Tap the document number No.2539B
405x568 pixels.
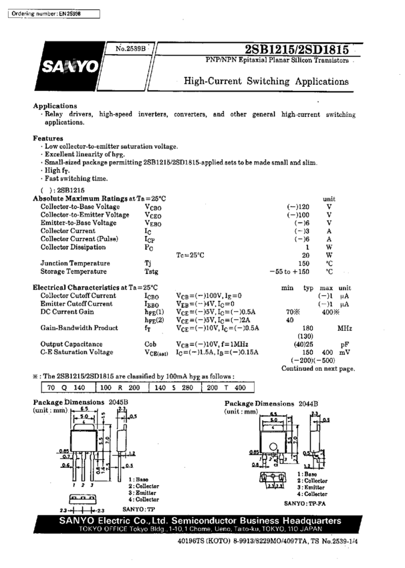pyautogui.click(x=130, y=49)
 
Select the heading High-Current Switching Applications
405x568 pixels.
pyautogui.click(x=266, y=82)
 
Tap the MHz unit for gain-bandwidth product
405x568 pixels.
pyautogui.click(x=344, y=327)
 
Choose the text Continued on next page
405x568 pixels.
pyautogui.click(x=318, y=368)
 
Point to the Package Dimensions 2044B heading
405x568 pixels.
pyautogui.click(x=271, y=404)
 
